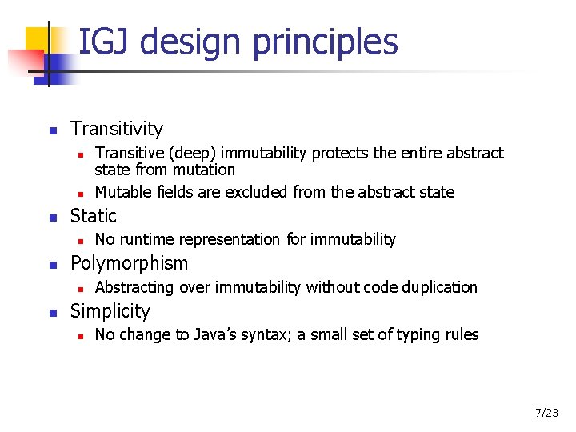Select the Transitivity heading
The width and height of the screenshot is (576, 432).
coord(117,129)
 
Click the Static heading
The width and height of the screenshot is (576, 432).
coord(94,215)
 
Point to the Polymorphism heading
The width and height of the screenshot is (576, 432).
coord(130,263)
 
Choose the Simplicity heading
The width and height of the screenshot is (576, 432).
coord(110,311)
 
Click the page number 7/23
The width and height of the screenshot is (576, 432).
coord(546,413)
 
